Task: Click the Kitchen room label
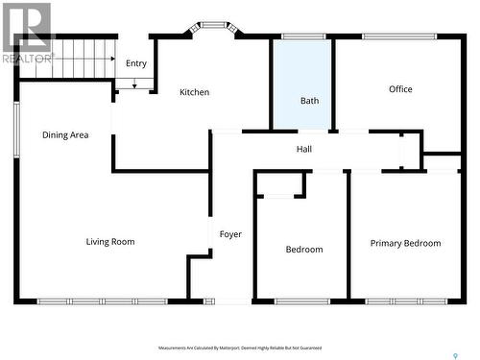point(194,92)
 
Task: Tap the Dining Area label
point(65,135)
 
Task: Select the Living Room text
point(110,242)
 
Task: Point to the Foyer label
point(230,234)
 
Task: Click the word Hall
point(303,149)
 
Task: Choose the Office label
point(400,89)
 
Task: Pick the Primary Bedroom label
point(405,244)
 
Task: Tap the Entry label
point(136,63)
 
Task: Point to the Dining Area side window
point(15,130)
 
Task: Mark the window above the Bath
point(302,36)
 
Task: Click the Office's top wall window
point(399,36)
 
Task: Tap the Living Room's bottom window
point(102,301)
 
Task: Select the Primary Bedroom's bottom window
point(406,301)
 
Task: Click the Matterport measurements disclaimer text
point(240,348)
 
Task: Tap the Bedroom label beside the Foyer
point(304,250)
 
